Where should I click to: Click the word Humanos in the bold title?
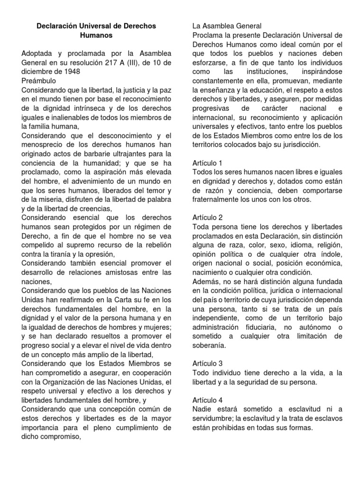coord(96,35)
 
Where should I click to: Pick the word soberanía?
coord(209,345)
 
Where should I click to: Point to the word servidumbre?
coord(218,418)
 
